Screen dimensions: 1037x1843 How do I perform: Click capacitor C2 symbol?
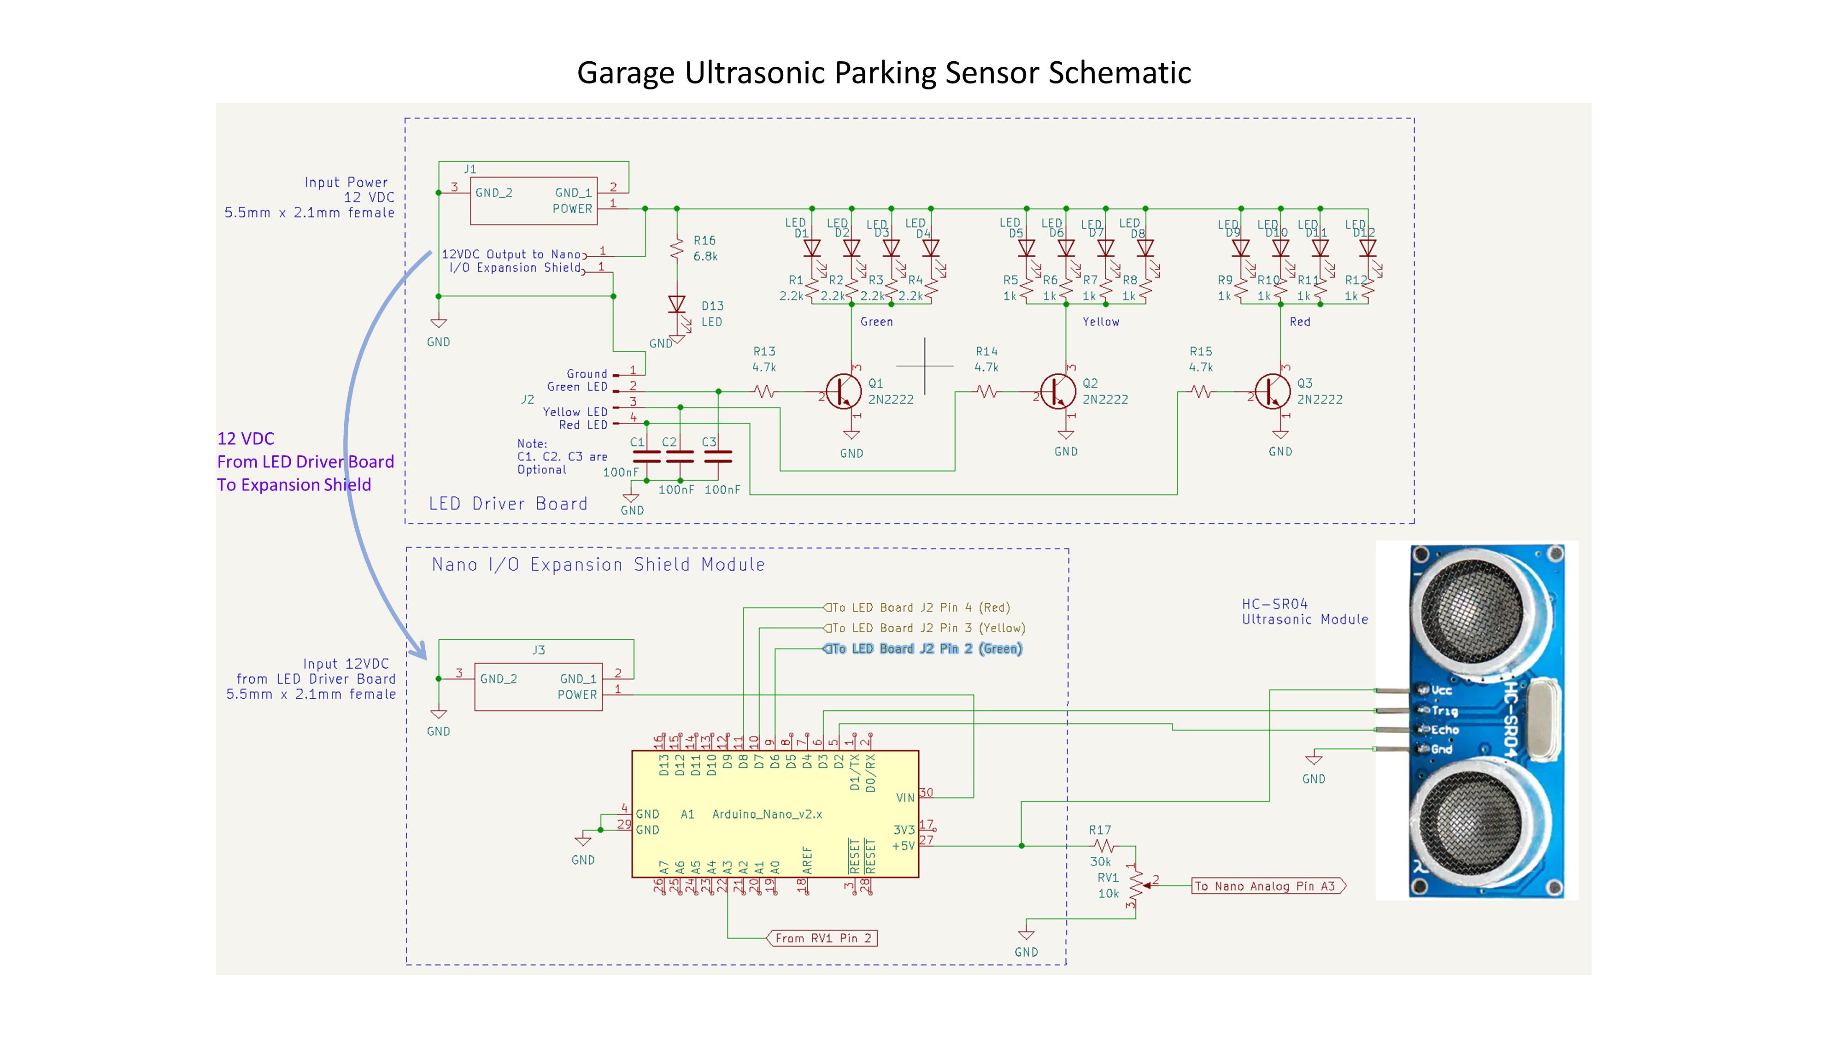pos(680,456)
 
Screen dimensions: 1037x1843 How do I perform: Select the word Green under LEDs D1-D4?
pos(876,322)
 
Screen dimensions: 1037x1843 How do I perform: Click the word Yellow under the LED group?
pos(1100,322)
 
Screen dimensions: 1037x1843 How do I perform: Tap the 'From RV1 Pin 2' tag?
pos(823,938)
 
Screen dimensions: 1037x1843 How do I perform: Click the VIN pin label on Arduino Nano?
pos(905,797)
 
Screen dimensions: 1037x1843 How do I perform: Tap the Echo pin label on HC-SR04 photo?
pos(1444,730)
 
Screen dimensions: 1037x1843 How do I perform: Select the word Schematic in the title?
pos(1120,72)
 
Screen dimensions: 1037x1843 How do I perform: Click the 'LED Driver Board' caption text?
pos(508,504)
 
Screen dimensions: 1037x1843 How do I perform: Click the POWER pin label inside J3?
pos(577,695)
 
